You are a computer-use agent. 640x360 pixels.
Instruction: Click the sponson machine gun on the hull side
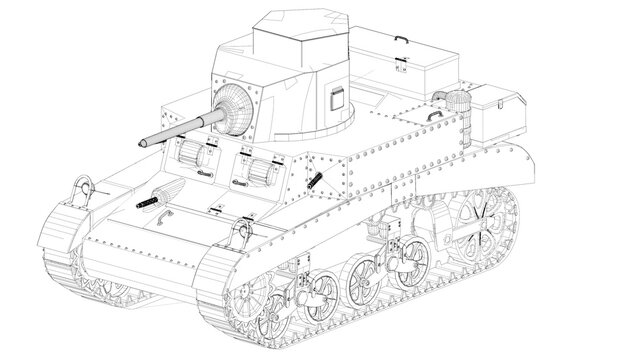[317, 182]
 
